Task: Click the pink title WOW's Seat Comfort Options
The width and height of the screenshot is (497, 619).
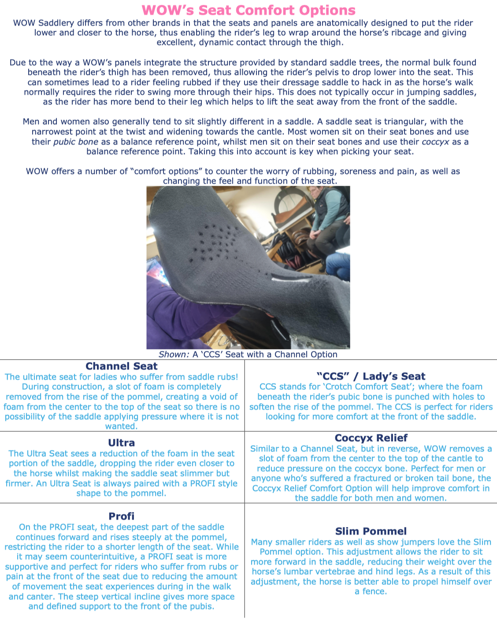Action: (248, 10)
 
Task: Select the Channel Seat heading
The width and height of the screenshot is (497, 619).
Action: (121, 366)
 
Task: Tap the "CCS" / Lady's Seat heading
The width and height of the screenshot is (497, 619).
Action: (371, 376)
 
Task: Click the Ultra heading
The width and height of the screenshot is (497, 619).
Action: (121, 443)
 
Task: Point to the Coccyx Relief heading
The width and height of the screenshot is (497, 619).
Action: (371, 438)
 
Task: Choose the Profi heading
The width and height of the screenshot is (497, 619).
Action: (121, 516)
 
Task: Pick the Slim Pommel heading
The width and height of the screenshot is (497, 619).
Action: (371, 531)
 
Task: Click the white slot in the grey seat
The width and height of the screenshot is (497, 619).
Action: (284, 277)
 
